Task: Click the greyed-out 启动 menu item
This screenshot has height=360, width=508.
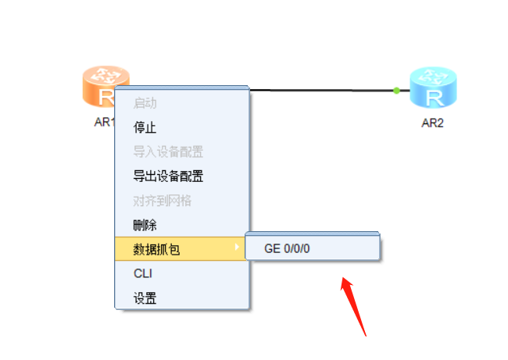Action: (x=145, y=103)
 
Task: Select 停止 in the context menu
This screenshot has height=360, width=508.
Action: (x=145, y=127)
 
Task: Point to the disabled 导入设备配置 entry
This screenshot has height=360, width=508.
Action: (x=168, y=151)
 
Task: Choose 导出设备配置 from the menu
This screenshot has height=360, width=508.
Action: (x=168, y=176)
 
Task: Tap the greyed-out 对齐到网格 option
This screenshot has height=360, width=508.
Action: (x=162, y=201)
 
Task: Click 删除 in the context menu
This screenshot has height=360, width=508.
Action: (x=145, y=225)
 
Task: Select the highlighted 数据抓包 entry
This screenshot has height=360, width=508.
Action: (x=156, y=249)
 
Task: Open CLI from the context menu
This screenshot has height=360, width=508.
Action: (x=142, y=273)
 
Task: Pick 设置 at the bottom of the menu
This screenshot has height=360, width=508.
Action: (x=145, y=298)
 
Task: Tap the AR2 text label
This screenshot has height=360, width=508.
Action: (x=432, y=123)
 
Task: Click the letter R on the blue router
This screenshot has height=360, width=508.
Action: (x=435, y=98)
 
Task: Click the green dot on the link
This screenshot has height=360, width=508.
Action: (x=397, y=91)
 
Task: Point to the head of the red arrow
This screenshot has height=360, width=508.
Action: (x=343, y=280)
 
